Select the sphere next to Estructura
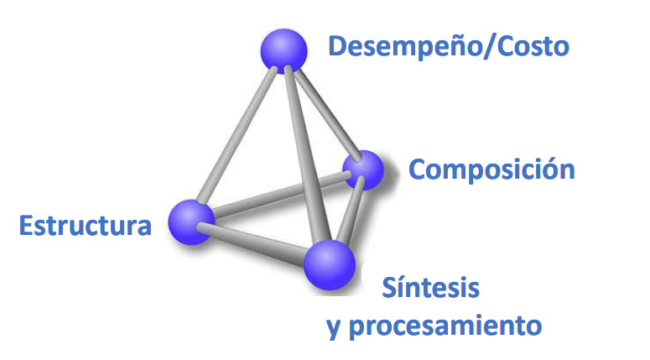(191, 222)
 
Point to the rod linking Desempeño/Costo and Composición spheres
(324, 110)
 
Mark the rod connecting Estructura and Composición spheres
(277, 197)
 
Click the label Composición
(491, 170)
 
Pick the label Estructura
(86, 226)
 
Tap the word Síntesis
(431, 288)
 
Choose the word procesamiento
(445, 324)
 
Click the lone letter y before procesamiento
(334, 326)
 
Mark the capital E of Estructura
(26, 226)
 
